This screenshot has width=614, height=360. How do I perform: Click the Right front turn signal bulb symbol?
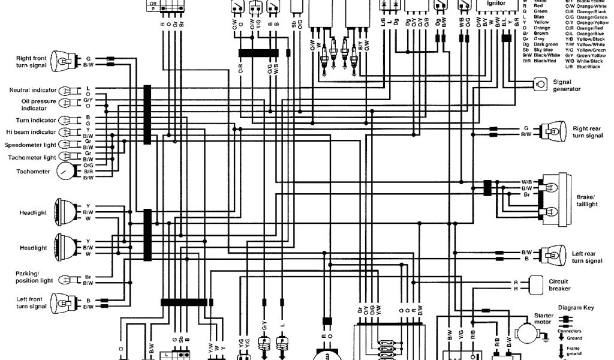tap(62, 60)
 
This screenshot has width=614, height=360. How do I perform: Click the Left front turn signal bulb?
tap(62, 302)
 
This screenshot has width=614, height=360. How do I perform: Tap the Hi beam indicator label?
tap(31, 131)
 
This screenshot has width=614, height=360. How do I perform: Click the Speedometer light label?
tap(30, 145)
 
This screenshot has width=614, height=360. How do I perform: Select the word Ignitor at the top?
tap(496, 3)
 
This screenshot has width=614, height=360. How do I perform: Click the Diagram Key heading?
tap(576, 308)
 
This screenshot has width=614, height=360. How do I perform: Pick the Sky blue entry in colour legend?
tap(535, 49)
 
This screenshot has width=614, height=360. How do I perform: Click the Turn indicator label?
tap(37, 120)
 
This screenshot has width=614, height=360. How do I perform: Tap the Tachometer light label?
tap(32, 158)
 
